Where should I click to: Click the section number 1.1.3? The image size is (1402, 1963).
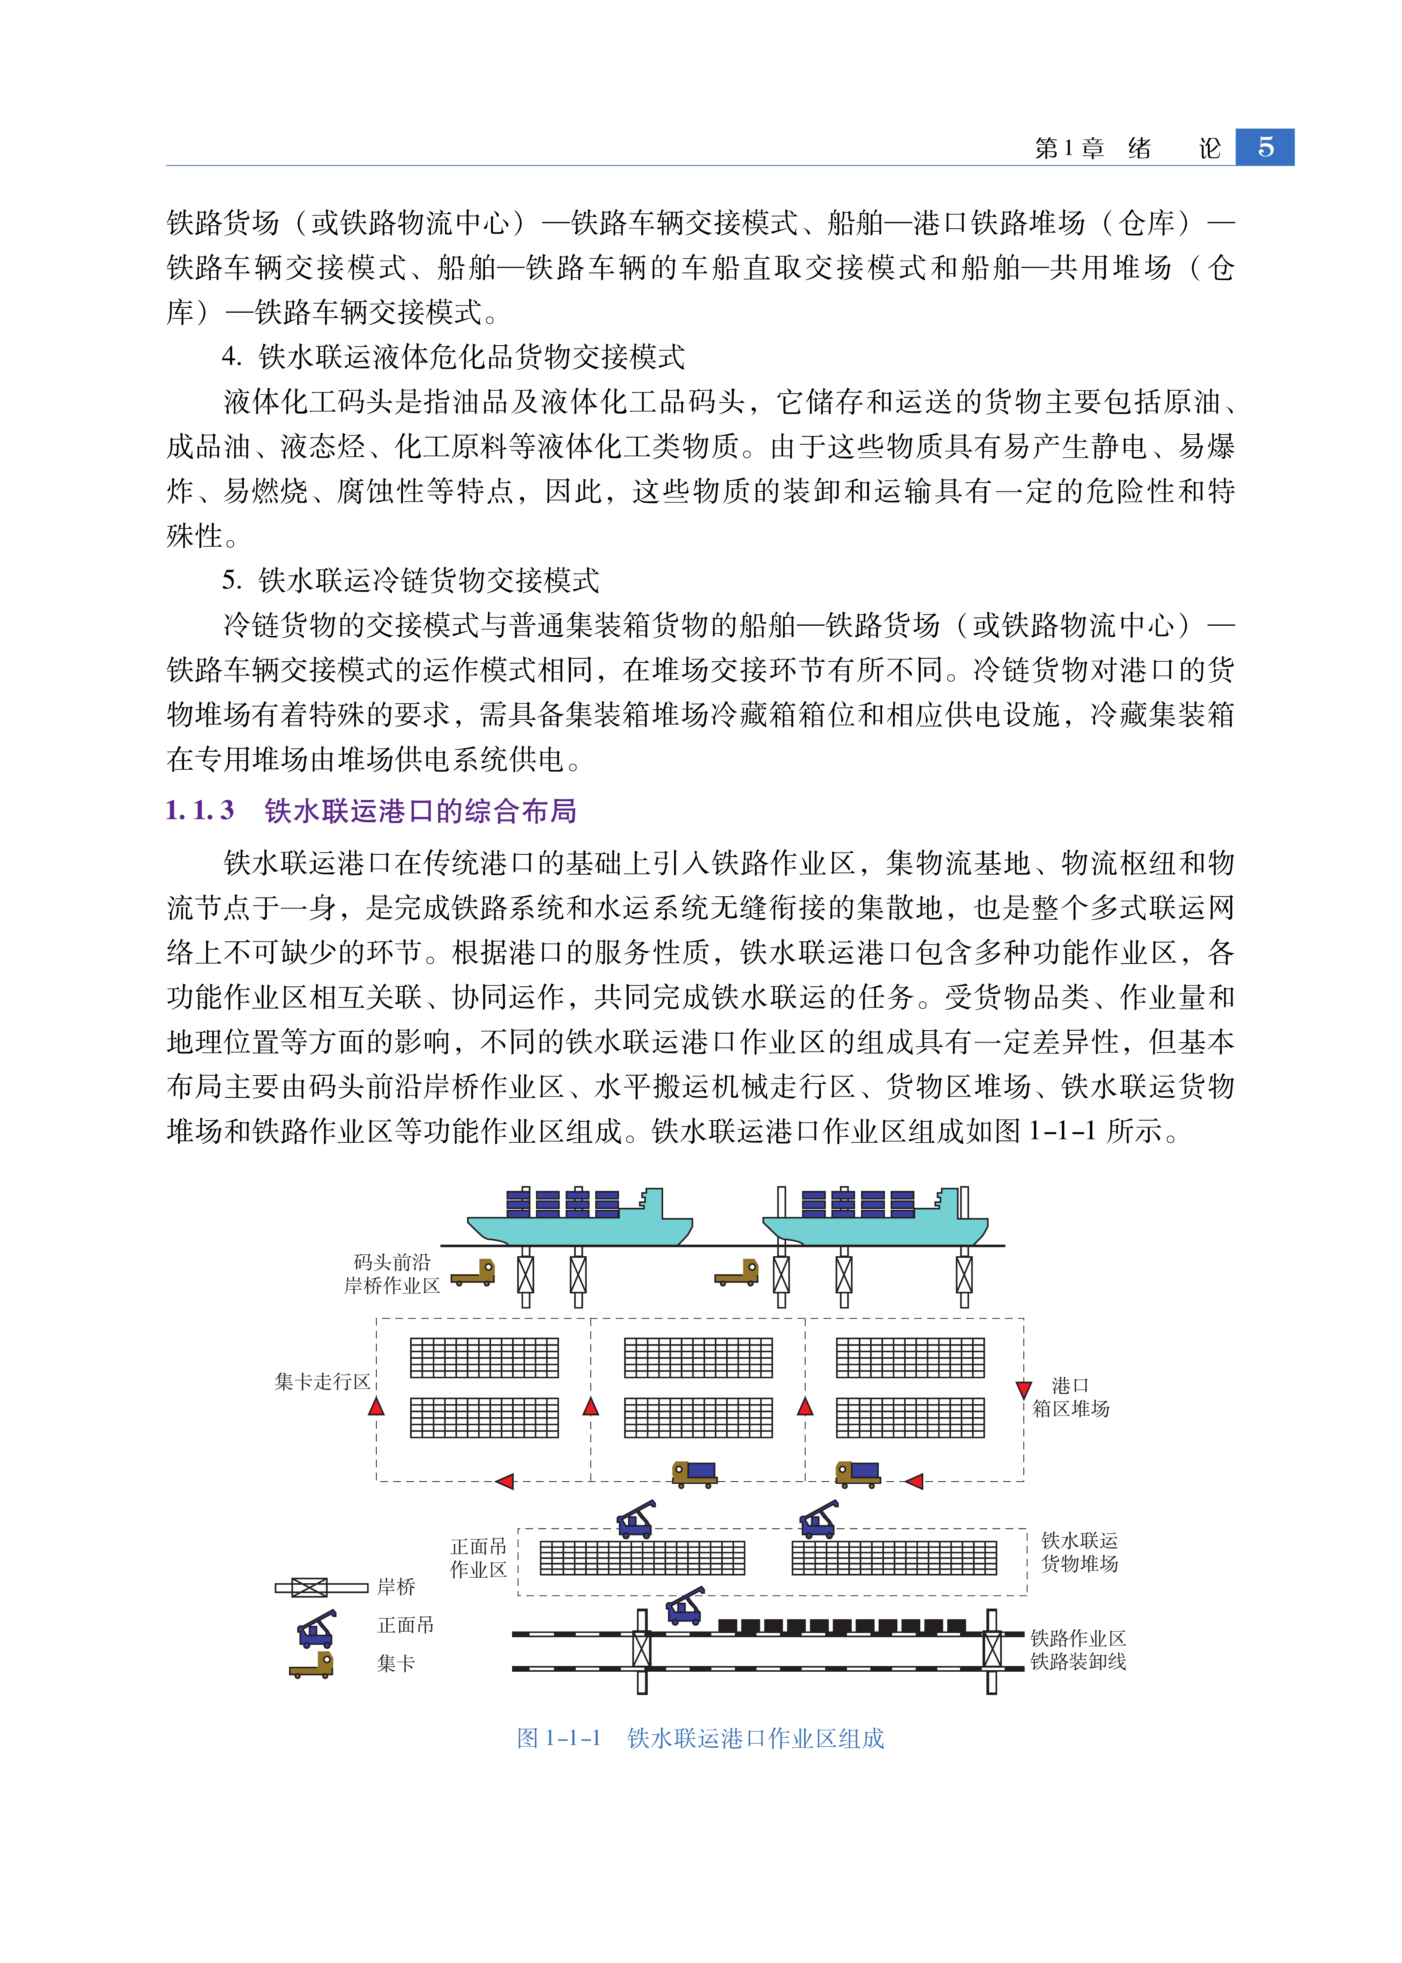[x=199, y=811]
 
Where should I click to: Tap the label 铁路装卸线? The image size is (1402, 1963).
[x=1078, y=1662]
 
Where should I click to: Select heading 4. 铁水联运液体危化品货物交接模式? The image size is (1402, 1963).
[x=453, y=357]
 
